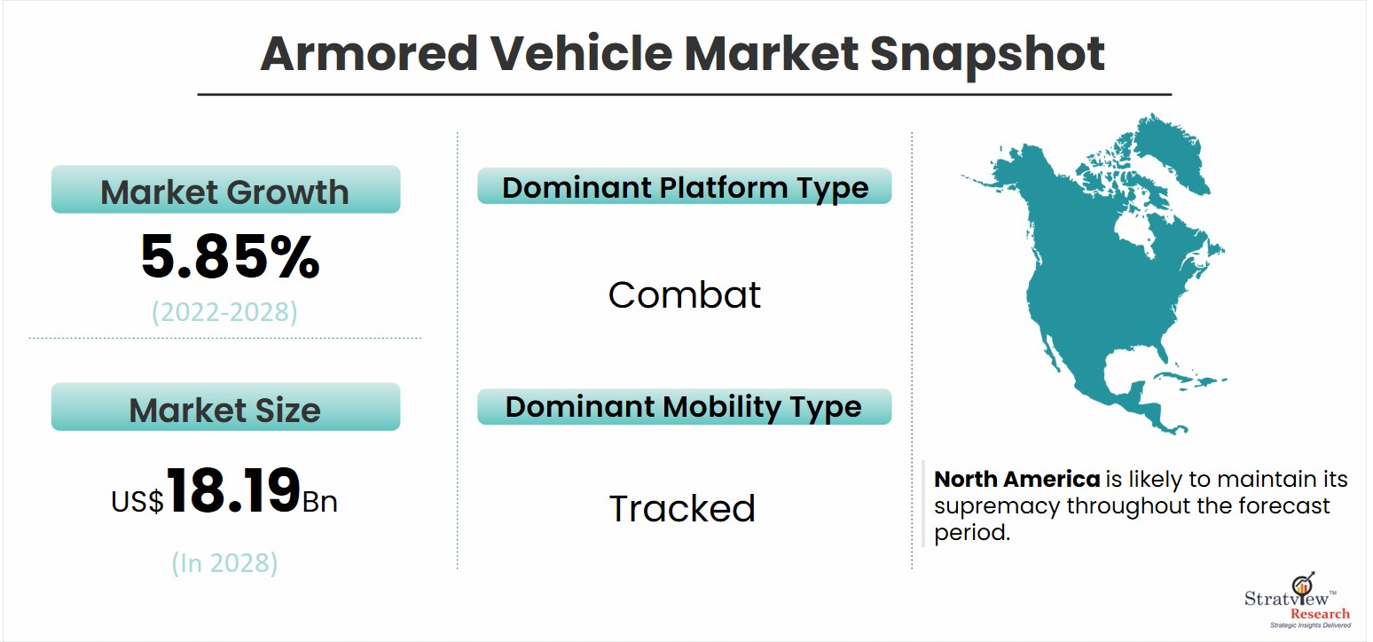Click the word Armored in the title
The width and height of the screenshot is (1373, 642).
(370, 54)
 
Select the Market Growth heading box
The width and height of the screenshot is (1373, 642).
(225, 189)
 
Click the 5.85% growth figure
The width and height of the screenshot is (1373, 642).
(230, 256)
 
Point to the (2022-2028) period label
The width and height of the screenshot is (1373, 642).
(225, 312)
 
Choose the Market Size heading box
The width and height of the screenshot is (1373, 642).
(225, 407)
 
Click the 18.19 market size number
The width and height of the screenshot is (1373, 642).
(233, 490)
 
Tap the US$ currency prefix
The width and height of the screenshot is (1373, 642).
(137, 501)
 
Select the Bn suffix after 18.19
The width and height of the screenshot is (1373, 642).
(320, 502)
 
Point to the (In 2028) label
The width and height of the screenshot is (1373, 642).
(224, 563)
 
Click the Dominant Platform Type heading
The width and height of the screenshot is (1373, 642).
(685, 186)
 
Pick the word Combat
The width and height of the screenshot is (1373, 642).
(684, 294)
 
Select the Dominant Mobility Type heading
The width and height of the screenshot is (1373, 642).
(685, 407)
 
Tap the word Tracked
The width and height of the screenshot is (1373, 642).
(682, 508)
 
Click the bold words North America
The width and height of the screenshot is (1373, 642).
(1016, 479)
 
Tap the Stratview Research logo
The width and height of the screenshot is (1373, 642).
(1298, 600)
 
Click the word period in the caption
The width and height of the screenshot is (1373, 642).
(971, 533)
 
